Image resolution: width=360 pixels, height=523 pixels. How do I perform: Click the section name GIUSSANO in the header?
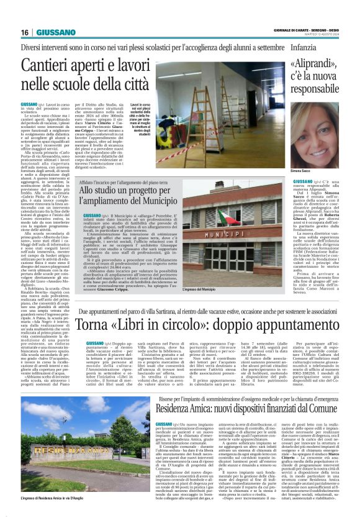pyautogui.click(x=55, y=32)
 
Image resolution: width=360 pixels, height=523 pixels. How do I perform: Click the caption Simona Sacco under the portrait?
pyautogui.click(x=300, y=170)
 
